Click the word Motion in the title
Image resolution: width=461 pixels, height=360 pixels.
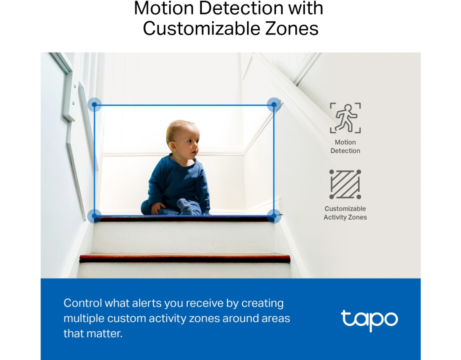tap(164, 8)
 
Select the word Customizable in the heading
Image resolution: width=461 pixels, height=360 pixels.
tap(202, 29)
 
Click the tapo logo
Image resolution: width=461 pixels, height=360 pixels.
tap(369, 320)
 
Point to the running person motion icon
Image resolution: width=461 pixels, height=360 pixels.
tap(345, 118)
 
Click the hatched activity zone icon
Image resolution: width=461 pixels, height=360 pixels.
tap(345, 184)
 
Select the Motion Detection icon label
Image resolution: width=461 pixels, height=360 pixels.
tap(345, 146)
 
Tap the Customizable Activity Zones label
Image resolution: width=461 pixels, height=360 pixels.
tap(345, 213)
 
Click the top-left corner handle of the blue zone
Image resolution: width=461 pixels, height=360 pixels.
tap(95, 104)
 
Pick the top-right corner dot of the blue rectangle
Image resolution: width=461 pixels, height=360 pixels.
tap(274, 104)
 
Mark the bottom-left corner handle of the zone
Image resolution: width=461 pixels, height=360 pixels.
tap(95, 216)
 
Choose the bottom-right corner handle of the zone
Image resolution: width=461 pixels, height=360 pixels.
tap(274, 216)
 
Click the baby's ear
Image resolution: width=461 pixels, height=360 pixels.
tap(172, 146)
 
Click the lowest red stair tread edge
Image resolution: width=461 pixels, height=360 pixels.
tap(185, 258)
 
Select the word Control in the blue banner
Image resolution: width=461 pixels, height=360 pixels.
tap(83, 303)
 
